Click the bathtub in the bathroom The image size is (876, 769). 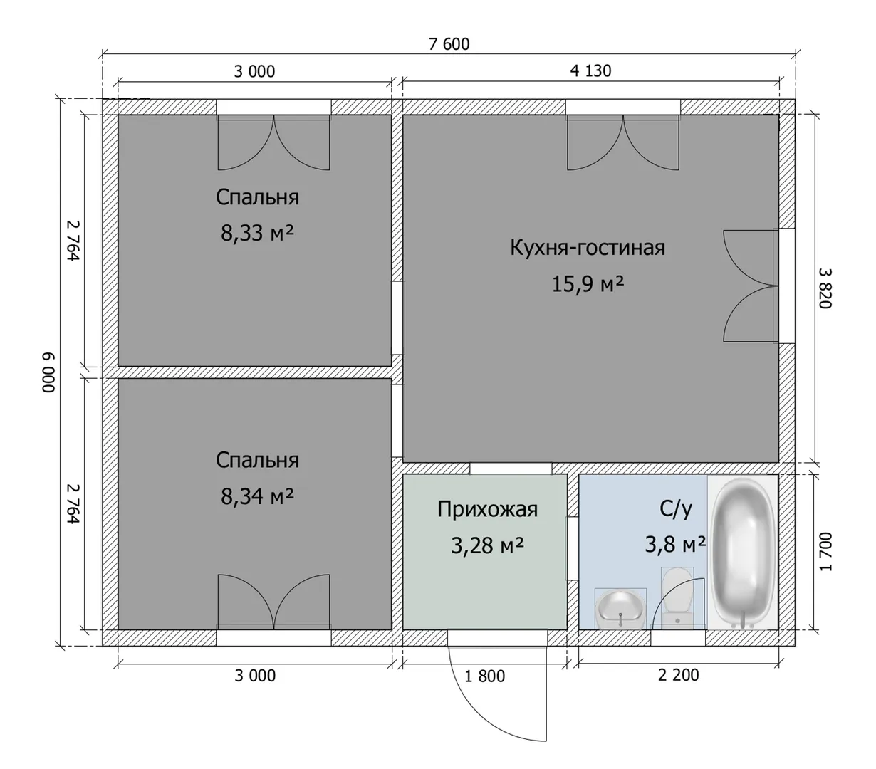(743, 552)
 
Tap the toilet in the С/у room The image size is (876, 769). (677, 597)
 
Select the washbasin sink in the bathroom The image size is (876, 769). (620, 610)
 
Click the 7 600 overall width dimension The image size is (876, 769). (449, 44)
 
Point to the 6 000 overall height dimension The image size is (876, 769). (49, 372)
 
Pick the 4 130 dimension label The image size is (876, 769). (590, 71)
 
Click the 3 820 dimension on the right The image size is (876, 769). (825, 288)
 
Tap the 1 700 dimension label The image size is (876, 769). (825, 552)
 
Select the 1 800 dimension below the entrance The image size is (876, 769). (484, 676)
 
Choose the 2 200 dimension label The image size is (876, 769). (679, 675)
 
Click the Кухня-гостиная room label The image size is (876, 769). (587, 248)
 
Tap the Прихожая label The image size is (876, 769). (487, 509)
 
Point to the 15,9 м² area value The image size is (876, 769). (588, 284)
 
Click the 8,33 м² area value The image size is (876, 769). (257, 233)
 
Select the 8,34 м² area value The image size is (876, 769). (257, 496)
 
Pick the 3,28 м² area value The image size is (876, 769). (487, 545)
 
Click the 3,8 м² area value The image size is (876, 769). (675, 544)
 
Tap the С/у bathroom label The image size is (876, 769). (675, 509)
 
